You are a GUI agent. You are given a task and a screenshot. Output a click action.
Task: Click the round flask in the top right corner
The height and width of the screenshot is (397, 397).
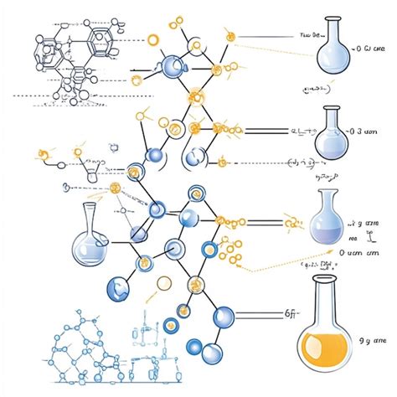coord(337,54)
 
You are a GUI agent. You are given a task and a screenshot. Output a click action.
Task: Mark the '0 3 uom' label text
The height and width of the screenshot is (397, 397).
coord(369,131)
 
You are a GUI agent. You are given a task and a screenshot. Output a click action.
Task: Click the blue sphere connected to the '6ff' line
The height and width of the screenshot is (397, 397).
coord(224,317)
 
